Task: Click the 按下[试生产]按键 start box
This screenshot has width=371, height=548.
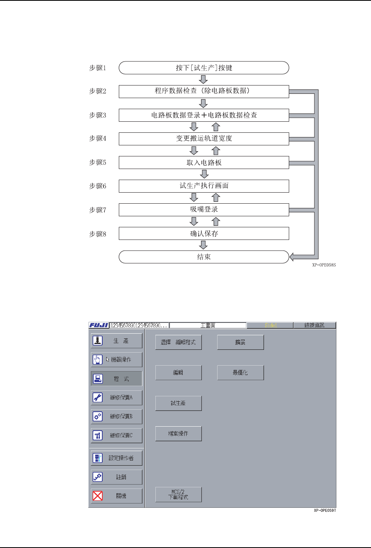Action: click(204, 68)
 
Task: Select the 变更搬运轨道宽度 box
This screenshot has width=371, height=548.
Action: click(204, 139)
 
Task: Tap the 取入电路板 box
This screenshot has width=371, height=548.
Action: click(204, 162)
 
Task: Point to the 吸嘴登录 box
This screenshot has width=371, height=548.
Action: click(204, 210)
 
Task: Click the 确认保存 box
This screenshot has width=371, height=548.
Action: click(204, 233)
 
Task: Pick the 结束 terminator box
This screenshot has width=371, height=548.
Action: click(204, 257)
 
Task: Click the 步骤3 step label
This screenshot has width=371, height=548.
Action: click(98, 115)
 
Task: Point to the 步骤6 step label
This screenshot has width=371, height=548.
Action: click(98, 186)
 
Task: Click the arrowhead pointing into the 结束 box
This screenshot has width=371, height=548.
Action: click(292, 257)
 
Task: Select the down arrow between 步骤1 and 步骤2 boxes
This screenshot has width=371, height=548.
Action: click(203, 80)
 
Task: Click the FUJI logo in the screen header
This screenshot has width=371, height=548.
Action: click(99, 325)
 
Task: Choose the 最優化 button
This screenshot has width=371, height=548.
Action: click(240, 372)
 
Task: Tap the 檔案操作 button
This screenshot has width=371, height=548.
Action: click(178, 433)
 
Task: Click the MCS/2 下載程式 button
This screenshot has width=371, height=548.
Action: click(178, 494)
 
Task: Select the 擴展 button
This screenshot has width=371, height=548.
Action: click(240, 342)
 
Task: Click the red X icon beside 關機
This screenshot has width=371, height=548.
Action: click(98, 496)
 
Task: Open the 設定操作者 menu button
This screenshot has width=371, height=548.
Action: click(116, 458)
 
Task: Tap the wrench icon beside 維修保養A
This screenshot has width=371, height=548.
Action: click(98, 398)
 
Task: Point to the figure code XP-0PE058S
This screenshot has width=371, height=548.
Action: click(324, 265)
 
